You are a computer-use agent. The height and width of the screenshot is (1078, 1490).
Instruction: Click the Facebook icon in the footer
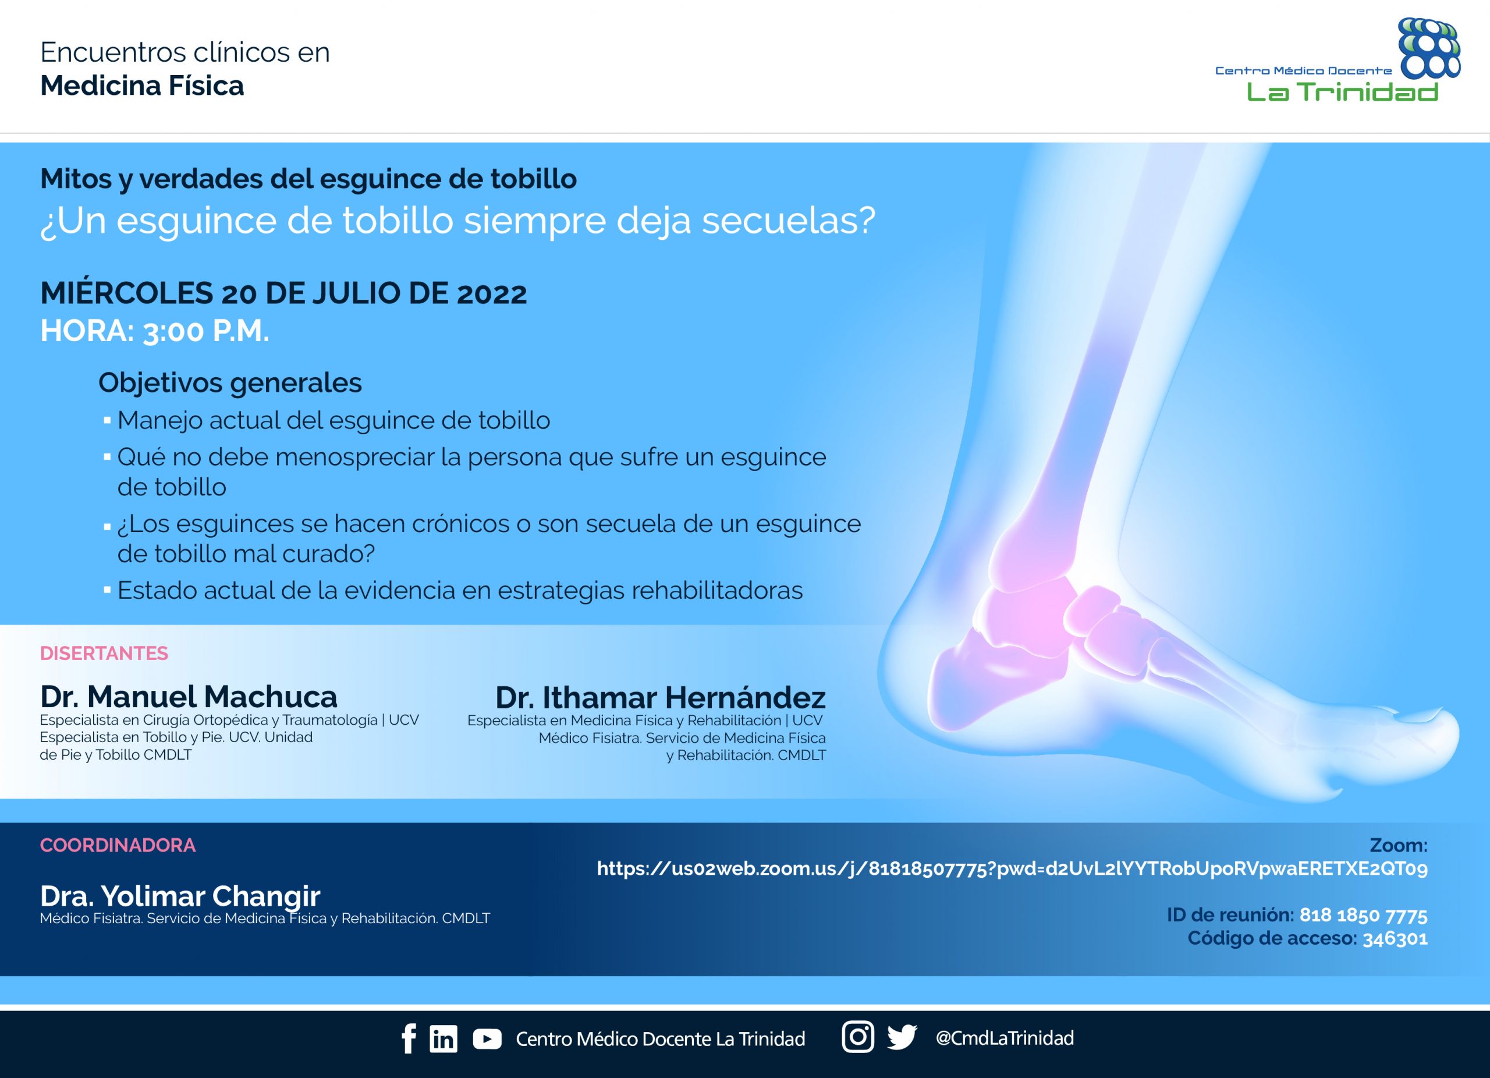pos(409,1038)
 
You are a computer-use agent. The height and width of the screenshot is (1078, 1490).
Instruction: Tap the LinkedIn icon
pos(444,1038)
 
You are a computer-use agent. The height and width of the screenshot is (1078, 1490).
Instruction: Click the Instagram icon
pos(858,1037)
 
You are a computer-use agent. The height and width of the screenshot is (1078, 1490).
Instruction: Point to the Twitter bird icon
pos(902,1037)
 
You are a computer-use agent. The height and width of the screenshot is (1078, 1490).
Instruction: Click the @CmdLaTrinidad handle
pos(1005,1038)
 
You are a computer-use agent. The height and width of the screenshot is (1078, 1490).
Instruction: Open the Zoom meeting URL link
pos(1012,869)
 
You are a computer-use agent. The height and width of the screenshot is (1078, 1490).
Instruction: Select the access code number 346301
pos(1395,939)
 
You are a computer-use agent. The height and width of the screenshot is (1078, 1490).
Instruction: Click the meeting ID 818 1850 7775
pos(1363,915)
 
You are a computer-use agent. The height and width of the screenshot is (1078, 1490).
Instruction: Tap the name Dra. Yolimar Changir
pos(180,896)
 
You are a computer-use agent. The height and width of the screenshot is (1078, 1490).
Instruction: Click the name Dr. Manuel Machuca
pos(189,696)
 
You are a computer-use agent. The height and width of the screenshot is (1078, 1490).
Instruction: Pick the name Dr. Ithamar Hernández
pos(660,697)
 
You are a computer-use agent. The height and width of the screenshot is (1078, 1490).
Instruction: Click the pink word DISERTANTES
pos(104,653)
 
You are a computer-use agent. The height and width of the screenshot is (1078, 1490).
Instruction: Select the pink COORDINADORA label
pos(118,845)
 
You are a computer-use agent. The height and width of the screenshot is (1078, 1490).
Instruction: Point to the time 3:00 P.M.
pos(206,331)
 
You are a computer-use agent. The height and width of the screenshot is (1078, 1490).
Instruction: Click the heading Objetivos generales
pos(230,383)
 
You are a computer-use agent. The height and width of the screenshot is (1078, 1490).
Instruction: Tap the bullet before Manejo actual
pos(107,420)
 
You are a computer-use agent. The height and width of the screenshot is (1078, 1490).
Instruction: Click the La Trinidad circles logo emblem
pos(1429,48)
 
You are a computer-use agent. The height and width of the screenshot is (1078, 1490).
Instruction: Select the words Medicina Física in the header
pos(142,86)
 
